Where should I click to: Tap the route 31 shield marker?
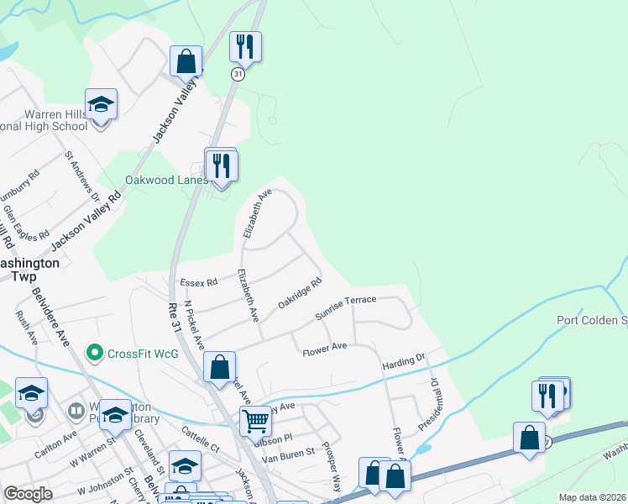tap(238, 75)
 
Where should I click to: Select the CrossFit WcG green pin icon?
tap(95, 353)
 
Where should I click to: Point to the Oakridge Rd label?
tap(300, 297)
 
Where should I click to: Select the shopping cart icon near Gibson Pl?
tap(255, 419)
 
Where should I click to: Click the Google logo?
tap(28, 494)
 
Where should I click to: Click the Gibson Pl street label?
tap(275, 438)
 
